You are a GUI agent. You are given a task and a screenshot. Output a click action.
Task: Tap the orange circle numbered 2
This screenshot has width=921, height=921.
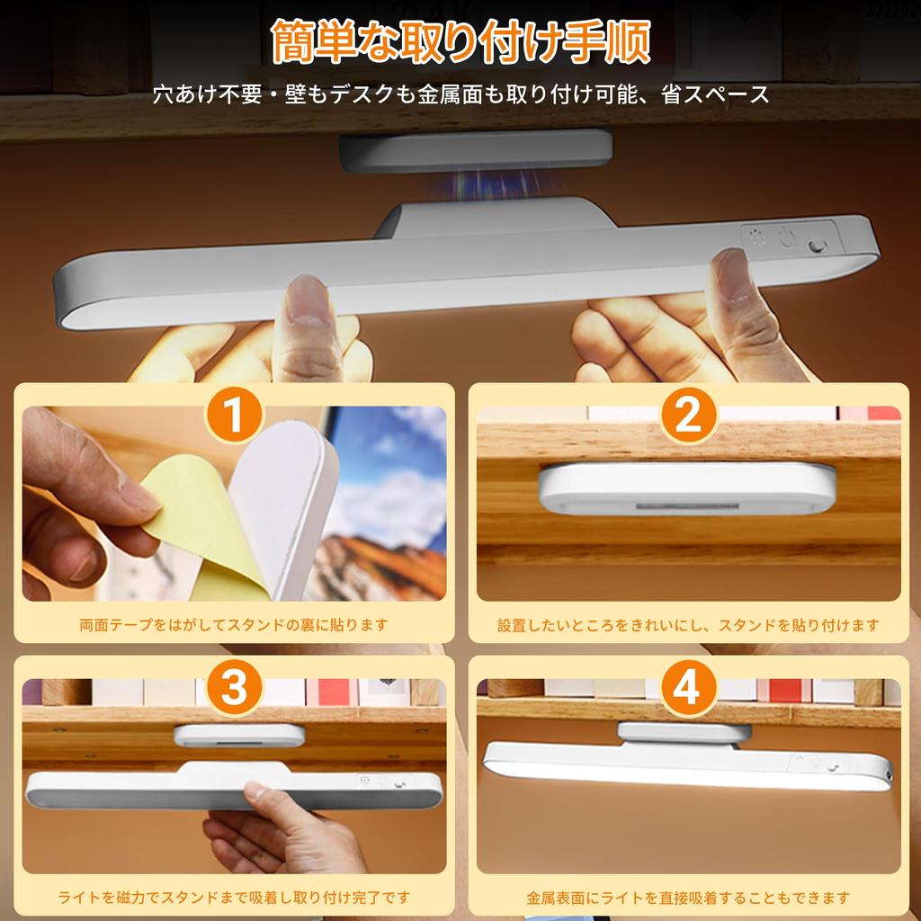688,416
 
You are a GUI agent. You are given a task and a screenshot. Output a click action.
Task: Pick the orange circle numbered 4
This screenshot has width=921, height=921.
688,688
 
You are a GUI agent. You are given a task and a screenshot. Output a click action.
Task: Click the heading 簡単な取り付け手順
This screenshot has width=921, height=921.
460,43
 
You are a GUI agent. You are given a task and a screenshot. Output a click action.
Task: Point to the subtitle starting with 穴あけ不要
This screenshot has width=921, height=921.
460,95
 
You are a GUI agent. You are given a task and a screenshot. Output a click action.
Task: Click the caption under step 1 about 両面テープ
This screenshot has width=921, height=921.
234,624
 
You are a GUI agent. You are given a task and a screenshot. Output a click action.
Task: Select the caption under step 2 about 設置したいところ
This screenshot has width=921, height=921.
688,624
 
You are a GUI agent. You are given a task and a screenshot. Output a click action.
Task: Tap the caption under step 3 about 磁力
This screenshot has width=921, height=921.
234,897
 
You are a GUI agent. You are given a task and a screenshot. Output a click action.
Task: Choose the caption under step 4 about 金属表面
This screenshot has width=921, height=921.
688,897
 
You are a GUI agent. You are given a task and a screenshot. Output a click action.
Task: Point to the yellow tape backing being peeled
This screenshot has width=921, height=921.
193,522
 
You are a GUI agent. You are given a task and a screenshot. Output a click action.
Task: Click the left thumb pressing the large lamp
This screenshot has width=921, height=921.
308,315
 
